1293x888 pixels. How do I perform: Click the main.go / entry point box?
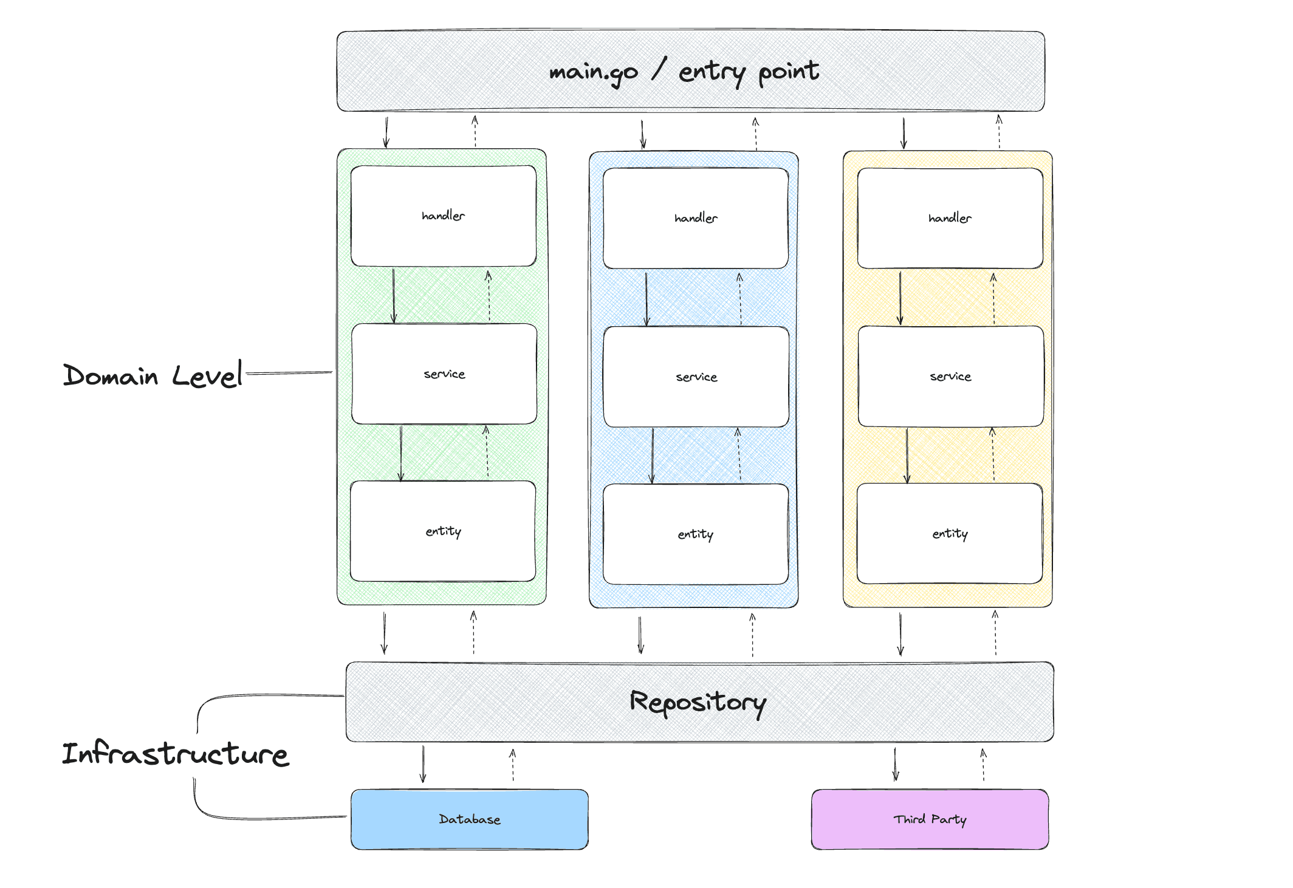pos(690,71)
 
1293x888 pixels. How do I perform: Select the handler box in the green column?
pos(444,216)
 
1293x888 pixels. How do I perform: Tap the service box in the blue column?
pos(696,377)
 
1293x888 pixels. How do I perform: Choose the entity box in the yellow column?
pos(950,533)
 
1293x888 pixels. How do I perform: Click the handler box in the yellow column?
pos(950,218)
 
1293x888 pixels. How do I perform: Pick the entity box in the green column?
pos(443,531)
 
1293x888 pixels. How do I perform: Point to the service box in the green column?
pos(444,374)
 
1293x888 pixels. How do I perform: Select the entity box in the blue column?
pos(696,534)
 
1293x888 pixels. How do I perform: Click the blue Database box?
pos(469,819)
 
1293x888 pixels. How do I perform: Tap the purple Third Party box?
pos(930,819)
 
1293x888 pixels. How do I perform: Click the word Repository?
pos(698,702)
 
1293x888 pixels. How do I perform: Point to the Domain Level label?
pos(153,375)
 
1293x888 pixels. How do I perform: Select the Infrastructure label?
pos(175,754)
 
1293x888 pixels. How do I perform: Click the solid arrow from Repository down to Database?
pos(423,764)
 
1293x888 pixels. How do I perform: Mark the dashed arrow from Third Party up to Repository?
pos(983,765)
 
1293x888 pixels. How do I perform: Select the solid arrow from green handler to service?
pos(394,296)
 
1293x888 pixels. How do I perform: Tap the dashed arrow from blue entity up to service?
pos(739,455)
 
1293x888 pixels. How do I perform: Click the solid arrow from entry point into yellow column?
pos(904,133)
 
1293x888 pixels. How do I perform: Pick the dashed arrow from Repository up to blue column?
pos(752,635)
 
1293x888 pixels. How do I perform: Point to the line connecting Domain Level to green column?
pos(289,373)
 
